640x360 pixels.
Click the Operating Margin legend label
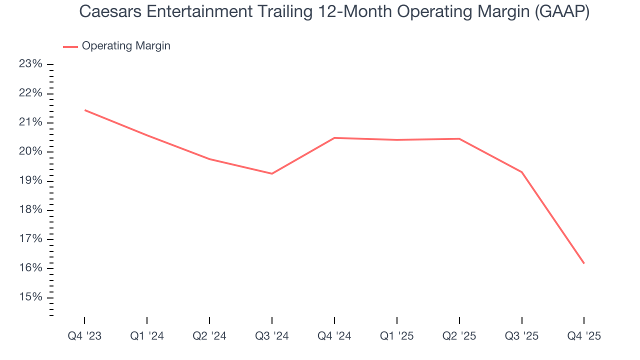[126, 46]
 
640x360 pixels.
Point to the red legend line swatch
[70, 46]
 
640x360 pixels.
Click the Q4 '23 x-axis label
[84, 336]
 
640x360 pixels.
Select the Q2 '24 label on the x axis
[209, 336]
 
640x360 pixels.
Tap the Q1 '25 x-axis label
[397, 336]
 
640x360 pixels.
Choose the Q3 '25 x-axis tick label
[522, 336]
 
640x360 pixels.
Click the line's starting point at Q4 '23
[84, 110]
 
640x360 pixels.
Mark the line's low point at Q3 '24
[272, 173]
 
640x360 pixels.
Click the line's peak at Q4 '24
[334, 137]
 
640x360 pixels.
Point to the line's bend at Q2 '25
[459, 138]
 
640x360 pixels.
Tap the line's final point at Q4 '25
[584, 263]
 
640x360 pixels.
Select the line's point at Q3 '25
[522, 172]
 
